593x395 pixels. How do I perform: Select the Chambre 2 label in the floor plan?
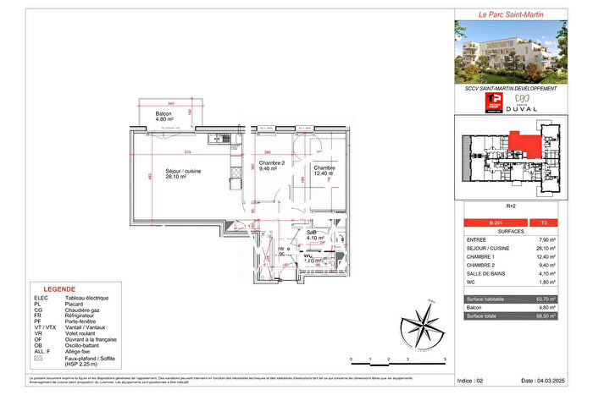click(270, 165)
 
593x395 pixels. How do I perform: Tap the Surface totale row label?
click(487, 315)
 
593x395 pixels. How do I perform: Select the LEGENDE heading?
click(54, 288)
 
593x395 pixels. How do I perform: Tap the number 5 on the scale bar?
click(444, 360)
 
